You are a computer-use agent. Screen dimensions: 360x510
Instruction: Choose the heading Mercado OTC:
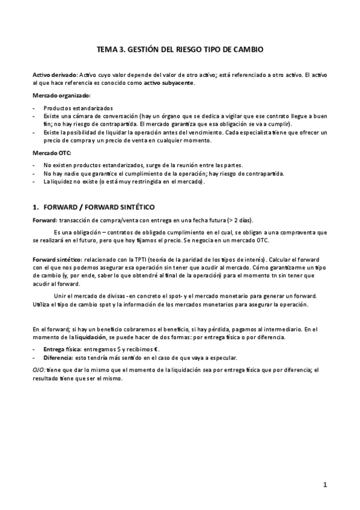[x=51, y=153]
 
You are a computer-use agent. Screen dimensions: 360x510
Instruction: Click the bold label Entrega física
[x=63, y=349]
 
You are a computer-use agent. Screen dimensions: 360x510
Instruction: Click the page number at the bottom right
[x=324, y=484]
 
